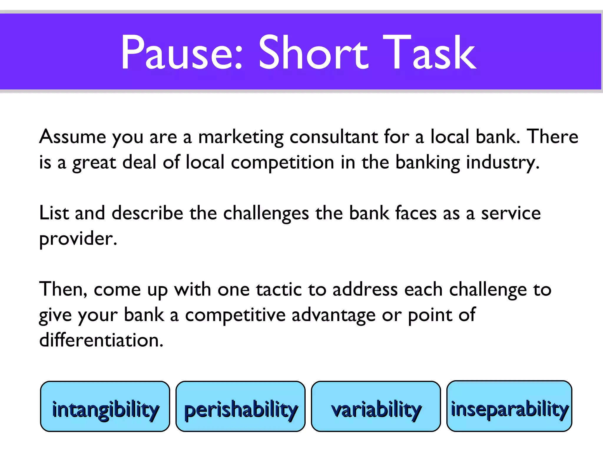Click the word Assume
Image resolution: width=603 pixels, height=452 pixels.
coord(72,137)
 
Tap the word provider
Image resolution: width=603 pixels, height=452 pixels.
coord(78,238)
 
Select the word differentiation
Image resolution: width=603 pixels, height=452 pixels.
coord(101,340)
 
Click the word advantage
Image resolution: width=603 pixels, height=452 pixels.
coord(333,315)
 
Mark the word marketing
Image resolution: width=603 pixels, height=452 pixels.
coord(241,137)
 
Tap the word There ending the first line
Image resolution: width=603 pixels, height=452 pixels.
coord(552,137)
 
